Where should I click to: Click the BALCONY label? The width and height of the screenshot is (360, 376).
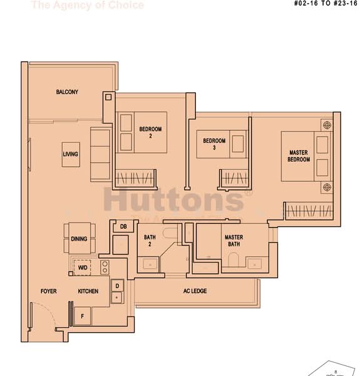coord(67,92)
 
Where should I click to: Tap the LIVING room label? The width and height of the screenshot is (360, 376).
coord(70,154)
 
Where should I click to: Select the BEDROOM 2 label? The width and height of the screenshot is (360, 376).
coord(150,132)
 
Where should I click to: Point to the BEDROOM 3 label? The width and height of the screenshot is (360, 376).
coord(213,145)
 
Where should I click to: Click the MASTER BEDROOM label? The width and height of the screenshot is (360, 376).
coord(299,156)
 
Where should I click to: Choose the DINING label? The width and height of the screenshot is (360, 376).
coord(79,239)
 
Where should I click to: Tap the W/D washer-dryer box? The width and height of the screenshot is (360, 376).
coord(83,268)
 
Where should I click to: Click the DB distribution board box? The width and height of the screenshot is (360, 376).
coord(123,226)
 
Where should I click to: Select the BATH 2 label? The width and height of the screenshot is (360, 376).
coord(150,241)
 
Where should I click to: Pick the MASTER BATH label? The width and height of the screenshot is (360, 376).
coord(234,241)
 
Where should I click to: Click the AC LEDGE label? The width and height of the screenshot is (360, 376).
coord(195,291)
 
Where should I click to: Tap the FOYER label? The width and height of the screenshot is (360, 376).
coord(49,291)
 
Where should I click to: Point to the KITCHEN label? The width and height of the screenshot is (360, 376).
coord(88,291)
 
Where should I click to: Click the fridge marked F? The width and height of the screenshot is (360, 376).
coord(81,315)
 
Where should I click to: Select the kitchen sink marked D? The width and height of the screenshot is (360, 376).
coord(117,286)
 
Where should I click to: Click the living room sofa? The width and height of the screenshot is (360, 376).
coord(100,154)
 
